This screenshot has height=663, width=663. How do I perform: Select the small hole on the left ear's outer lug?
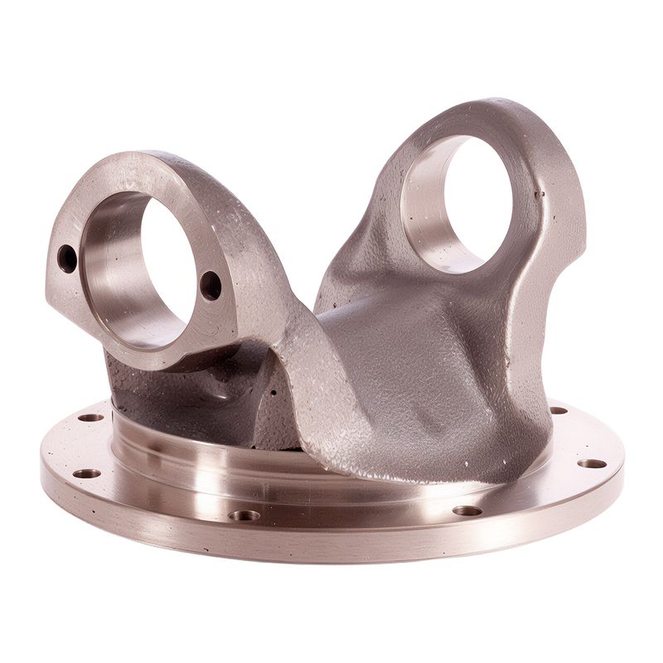pos(67,259)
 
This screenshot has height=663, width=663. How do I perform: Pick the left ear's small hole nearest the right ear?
pos(211,285)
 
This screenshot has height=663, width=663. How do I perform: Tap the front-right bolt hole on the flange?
pos(467,511)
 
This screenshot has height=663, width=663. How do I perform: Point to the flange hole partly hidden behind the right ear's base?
pos(558,410)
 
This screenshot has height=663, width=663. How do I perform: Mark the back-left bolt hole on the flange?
pos(90,417)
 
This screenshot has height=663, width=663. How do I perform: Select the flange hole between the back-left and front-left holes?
pos(86,473)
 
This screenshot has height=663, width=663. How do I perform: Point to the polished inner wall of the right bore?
pos(423,207)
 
